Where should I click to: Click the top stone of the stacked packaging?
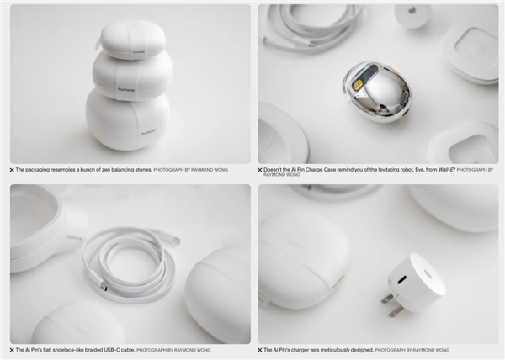pos(132,40)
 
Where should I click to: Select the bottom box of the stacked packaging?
pos(128,119)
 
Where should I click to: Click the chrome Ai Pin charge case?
pos(377,92)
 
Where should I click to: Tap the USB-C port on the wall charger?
pos(402,280)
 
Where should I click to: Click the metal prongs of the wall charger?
pos(391,304)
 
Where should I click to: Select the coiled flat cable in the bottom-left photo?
pos(130,262)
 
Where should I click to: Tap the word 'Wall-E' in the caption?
pos(446,170)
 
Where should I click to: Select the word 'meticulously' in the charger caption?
pos(333,350)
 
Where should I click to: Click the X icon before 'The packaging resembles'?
pos(13,170)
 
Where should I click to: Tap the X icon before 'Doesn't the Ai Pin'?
pos(260,170)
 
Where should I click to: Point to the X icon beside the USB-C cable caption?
pos(13,350)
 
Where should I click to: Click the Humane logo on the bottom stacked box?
pos(148,131)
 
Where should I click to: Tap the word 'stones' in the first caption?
pos(143,170)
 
